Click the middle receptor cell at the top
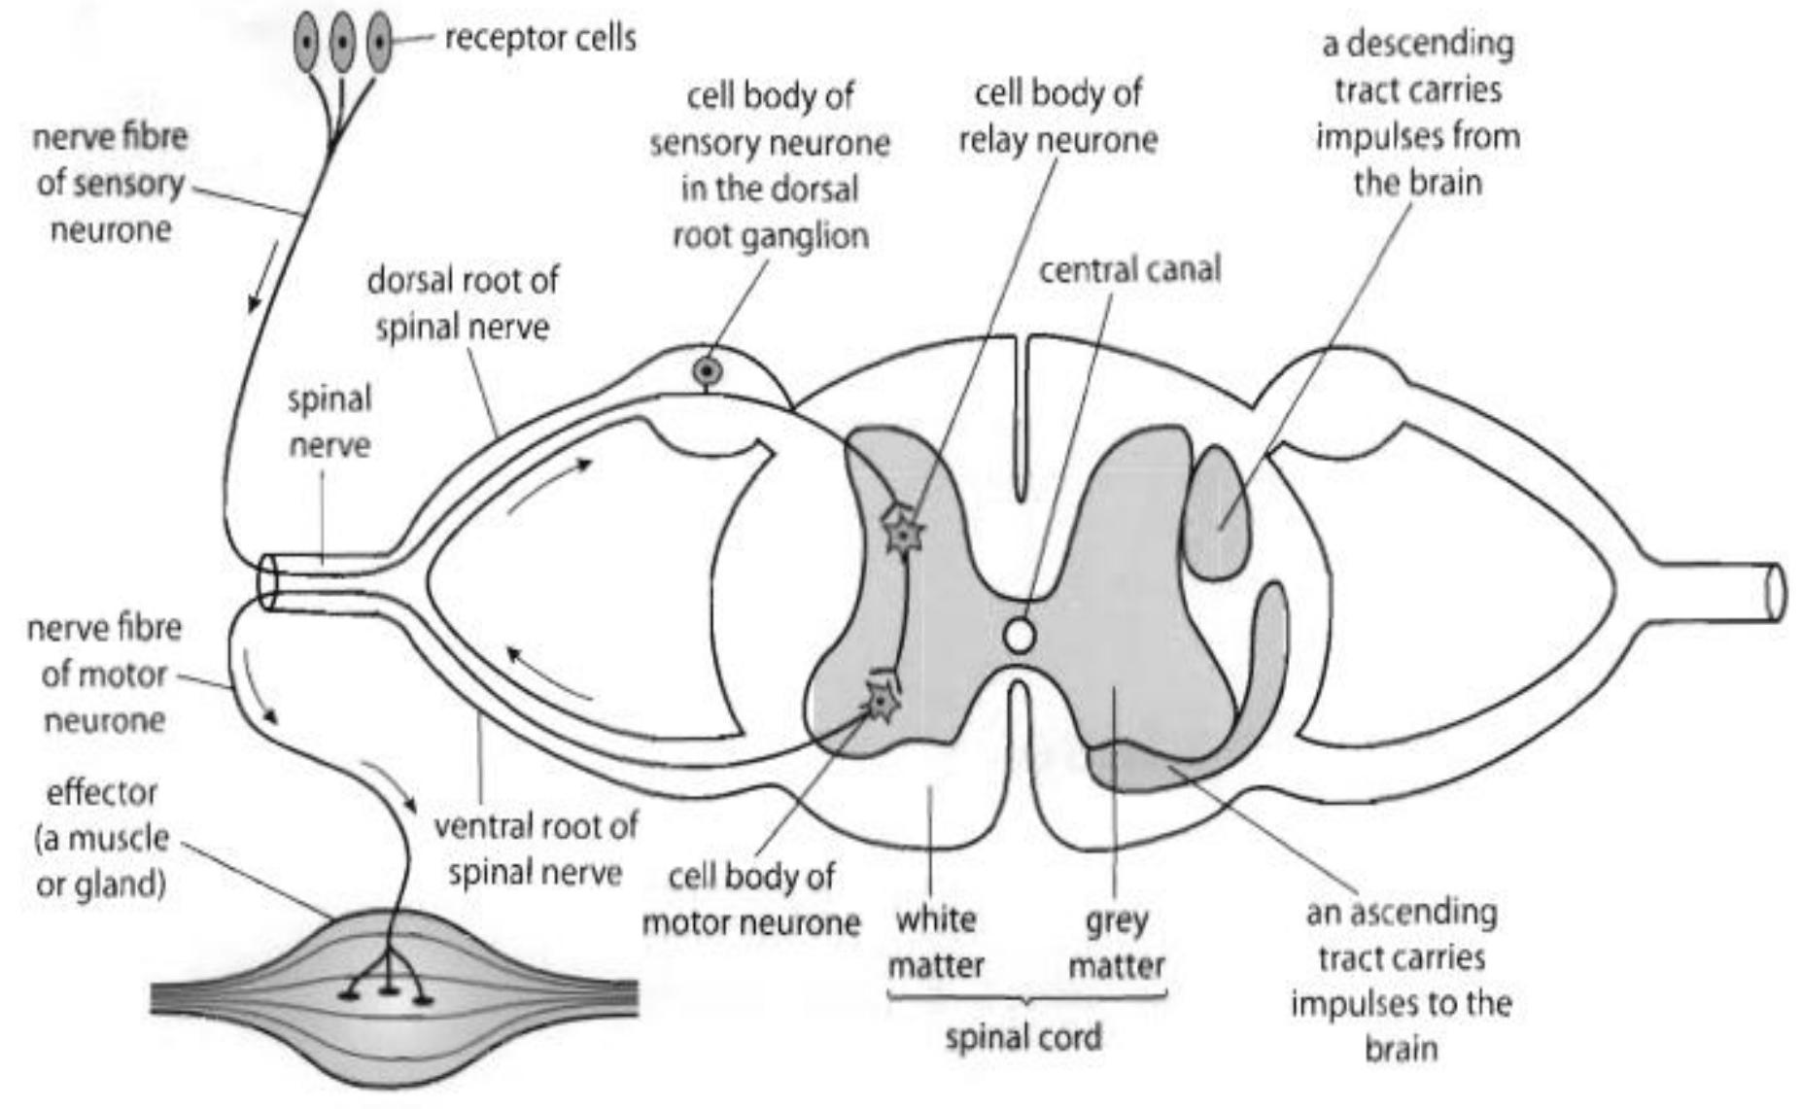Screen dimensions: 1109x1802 pos(342,43)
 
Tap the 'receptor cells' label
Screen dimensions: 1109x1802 pos(539,38)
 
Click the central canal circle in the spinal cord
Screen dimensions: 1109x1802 pos(1019,636)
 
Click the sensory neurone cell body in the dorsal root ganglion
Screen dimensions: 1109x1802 pos(707,371)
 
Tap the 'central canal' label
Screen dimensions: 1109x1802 pos(1129,269)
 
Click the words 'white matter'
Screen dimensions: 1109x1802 pos(936,942)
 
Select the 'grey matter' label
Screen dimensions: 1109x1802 pos(1116,942)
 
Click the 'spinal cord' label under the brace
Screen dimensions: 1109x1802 pos(1023,1037)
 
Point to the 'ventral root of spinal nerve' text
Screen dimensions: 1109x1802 pos(535,849)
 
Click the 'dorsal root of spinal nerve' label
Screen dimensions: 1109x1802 pos(463,302)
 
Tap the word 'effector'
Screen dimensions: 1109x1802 pos(101,792)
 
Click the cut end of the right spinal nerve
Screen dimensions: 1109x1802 pos(1775,593)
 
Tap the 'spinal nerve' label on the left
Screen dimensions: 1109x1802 pos(329,422)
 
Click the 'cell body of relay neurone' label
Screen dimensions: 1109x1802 pos(1057,117)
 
